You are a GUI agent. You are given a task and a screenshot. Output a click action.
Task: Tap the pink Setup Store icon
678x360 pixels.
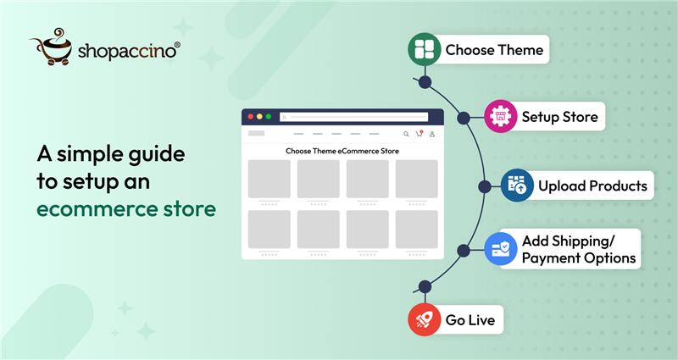(501, 117)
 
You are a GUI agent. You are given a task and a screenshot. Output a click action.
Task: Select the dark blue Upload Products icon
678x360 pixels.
(516, 186)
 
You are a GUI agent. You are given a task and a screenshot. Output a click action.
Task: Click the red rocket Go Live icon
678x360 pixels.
(425, 320)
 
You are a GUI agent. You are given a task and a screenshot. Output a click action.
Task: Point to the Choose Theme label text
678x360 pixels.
(494, 50)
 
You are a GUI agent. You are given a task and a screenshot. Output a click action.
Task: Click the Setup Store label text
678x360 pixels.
(559, 117)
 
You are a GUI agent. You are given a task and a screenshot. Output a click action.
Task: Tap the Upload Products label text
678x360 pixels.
(592, 186)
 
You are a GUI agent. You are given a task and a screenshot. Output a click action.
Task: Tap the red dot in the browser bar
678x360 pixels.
(249, 117)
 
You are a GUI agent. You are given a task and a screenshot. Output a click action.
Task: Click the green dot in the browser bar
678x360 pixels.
(269, 117)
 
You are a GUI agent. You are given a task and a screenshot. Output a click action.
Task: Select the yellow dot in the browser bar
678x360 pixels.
(258, 117)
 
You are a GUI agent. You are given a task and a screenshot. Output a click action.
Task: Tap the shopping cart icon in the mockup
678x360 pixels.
(419, 134)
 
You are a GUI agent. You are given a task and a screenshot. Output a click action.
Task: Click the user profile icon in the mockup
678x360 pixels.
(432, 134)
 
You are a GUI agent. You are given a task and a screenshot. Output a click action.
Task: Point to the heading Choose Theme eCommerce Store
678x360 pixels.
(342, 151)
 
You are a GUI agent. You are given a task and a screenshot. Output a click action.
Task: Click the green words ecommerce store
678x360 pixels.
(125, 208)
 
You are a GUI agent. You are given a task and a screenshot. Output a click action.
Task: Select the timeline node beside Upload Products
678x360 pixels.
(484, 186)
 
